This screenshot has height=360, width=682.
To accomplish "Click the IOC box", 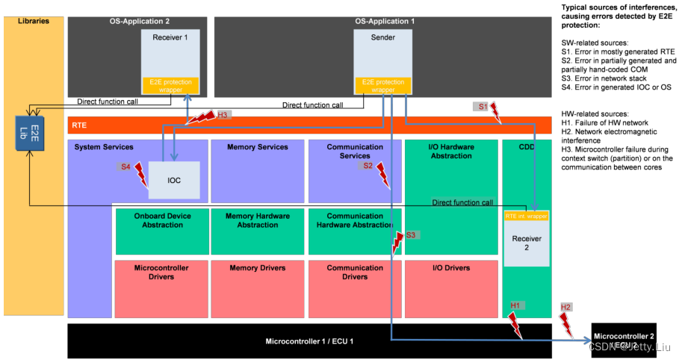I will click(x=174, y=180).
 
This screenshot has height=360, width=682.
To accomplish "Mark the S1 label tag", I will click(x=483, y=107).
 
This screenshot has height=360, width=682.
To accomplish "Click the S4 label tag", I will click(x=126, y=167).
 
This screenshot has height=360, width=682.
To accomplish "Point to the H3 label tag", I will click(x=223, y=115).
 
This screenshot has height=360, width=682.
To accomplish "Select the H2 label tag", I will click(x=566, y=307).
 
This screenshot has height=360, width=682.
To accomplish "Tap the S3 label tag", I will click(x=410, y=235).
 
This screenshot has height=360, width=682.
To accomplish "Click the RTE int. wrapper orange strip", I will click(x=526, y=216).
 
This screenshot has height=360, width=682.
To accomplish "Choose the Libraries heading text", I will click(x=34, y=21).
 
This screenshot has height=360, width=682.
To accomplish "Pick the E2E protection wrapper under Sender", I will click(x=382, y=86).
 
